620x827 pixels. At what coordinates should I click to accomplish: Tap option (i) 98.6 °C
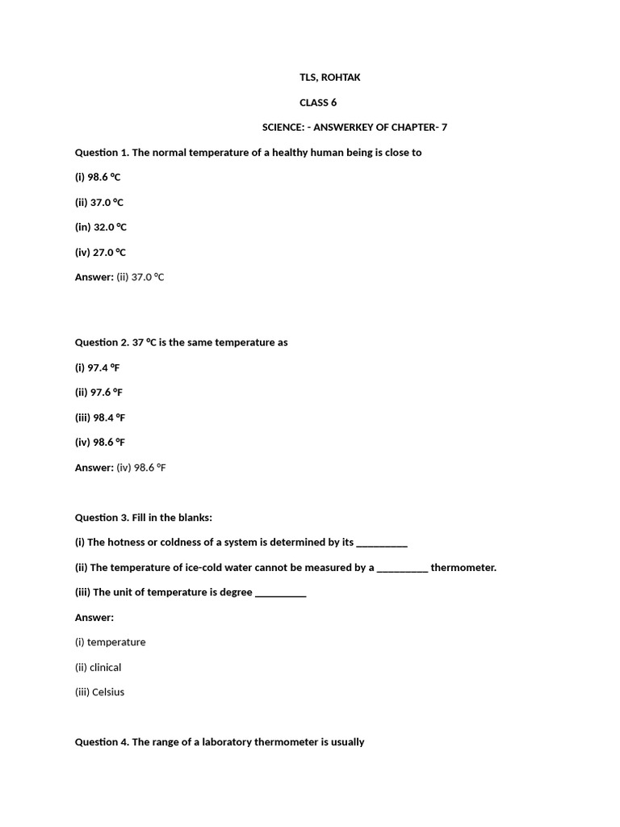pos(98,177)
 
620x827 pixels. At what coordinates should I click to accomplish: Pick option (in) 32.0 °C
pos(101,227)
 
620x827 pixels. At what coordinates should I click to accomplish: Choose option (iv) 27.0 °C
pos(100,252)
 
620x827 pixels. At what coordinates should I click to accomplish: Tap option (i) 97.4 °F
pos(98,367)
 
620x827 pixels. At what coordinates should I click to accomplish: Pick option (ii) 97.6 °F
pos(99,393)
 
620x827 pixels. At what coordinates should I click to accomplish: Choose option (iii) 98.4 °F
pos(100,418)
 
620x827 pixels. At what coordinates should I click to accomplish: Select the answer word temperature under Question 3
pos(116,642)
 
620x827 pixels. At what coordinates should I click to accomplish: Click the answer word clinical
pos(106,667)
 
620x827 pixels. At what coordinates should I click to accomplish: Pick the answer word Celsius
pos(108,692)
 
